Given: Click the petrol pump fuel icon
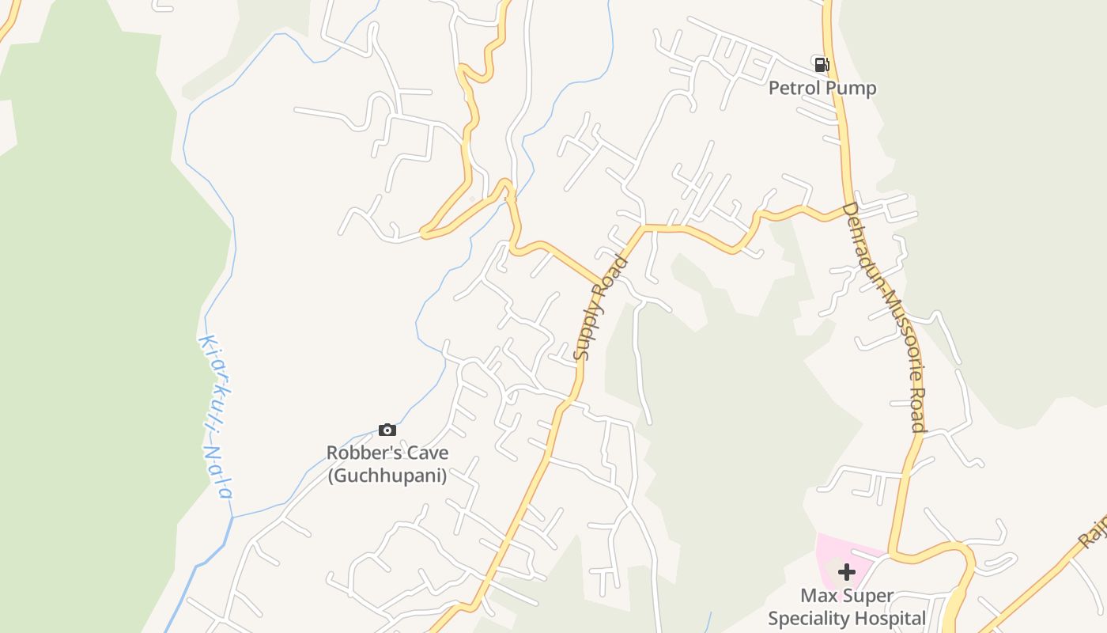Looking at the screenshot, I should click(822, 65).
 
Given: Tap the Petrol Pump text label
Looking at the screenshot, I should click(822, 88).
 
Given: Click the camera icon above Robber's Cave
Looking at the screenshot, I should click(387, 430).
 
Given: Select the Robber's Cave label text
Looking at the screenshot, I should click(387, 453).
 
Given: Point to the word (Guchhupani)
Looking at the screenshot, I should click(387, 476).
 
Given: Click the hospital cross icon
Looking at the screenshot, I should click(847, 571).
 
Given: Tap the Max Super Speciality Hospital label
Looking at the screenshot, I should click(847, 607).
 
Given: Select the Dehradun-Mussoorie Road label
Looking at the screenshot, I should click(884, 316).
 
